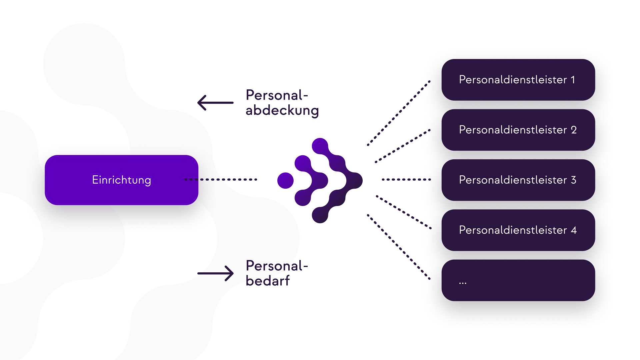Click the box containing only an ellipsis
(518, 280)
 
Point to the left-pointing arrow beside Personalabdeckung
(215, 103)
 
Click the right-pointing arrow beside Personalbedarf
(215, 273)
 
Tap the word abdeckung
(282, 111)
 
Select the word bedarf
(267, 281)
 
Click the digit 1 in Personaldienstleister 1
(573, 80)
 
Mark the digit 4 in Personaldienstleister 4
(574, 230)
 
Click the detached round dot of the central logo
(285, 180)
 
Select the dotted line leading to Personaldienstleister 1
(399, 113)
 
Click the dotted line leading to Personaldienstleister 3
(406, 179)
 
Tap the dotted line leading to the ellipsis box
(399, 247)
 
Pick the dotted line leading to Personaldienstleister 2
(403, 146)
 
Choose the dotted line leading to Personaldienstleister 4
(404, 212)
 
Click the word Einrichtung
(121, 180)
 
